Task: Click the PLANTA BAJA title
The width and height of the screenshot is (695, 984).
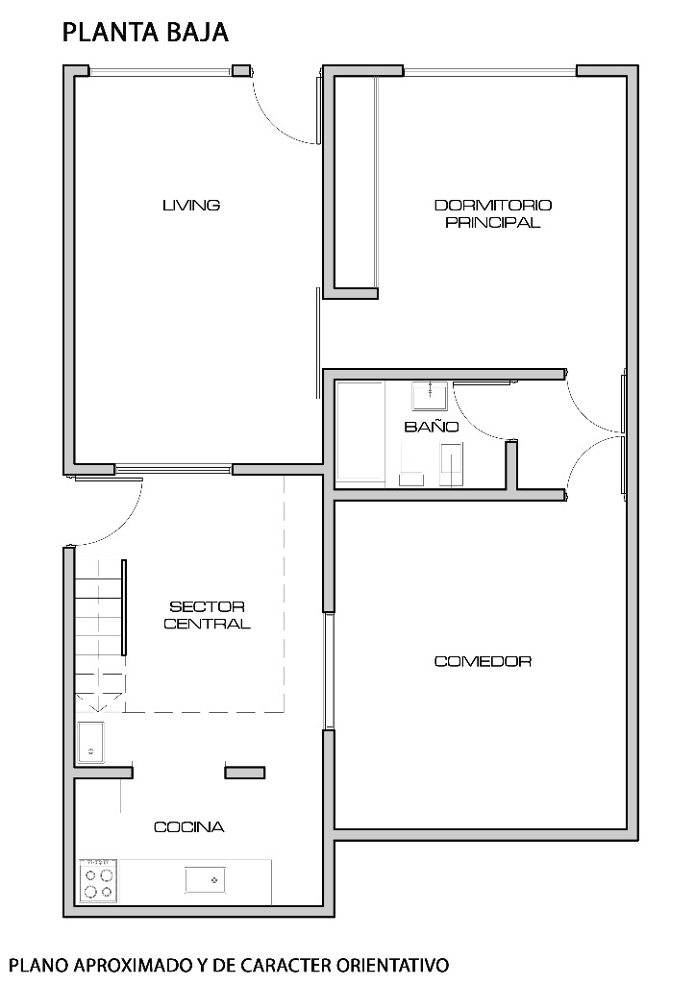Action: (x=145, y=33)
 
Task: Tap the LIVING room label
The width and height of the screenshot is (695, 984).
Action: (x=191, y=206)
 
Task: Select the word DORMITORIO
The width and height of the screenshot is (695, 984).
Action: (x=493, y=206)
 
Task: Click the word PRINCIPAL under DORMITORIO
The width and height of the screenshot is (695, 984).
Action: (x=493, y=222)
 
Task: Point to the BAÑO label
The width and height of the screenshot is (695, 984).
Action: (x=432, y=427)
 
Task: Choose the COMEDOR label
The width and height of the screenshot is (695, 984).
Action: (x=483, y=661)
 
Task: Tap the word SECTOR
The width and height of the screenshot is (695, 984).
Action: (x=207, y=607)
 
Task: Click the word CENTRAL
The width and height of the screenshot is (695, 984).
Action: (x=207, y=624)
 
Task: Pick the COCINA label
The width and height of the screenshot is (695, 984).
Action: (x=189, y=827)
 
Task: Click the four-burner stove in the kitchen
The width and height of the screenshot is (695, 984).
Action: (x=99, y=881)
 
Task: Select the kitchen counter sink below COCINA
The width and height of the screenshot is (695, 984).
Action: (x=206, y=880)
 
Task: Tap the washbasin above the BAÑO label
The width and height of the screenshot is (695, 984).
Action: (x=430, y=394)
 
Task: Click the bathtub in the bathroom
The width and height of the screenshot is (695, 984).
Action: (x=360, y=433)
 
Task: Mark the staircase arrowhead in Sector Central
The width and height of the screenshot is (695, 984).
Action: (x=97, y=705)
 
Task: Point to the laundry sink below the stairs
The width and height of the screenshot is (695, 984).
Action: (x=91, y=743)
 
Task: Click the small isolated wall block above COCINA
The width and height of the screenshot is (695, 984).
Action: (x=245, y=773)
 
